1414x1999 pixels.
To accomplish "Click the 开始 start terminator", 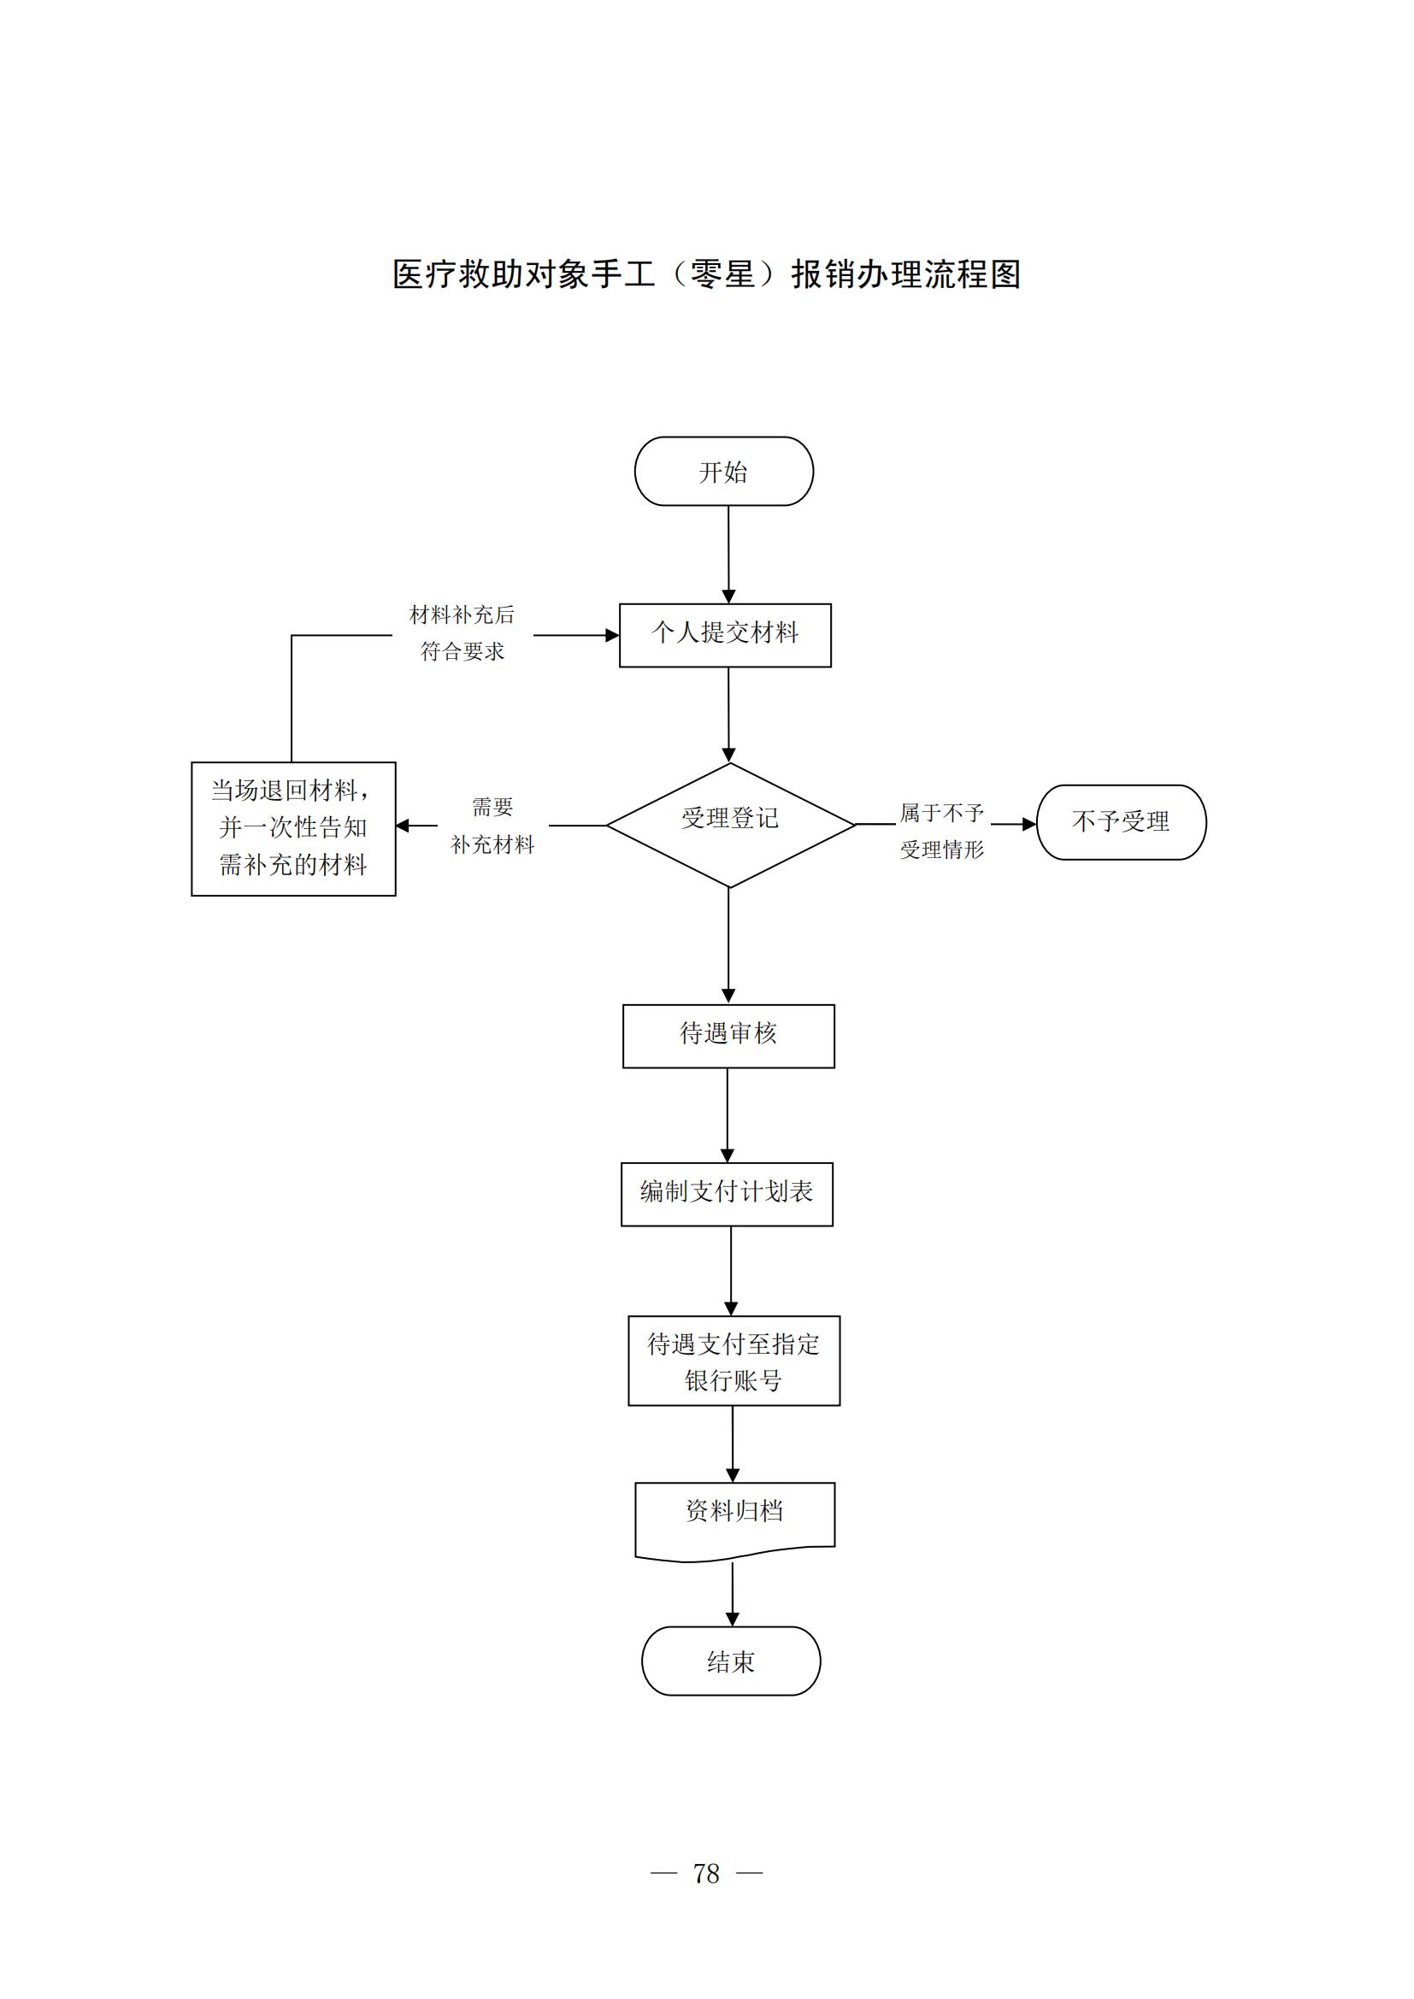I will point(723,471).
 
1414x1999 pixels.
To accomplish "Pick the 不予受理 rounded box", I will point(1121,822).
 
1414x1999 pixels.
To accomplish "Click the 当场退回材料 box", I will point(293,828).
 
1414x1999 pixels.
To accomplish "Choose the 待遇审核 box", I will point(728,1036).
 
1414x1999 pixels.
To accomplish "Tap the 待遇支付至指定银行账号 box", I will point(734,1360).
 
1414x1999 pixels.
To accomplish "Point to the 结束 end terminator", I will point(730,1661).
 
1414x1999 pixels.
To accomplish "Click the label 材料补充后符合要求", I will point(462,633).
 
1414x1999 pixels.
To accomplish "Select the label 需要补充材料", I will point(492,826).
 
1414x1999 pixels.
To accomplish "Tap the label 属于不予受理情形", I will point(941,831).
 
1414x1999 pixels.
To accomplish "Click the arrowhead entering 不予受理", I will point(1029,824).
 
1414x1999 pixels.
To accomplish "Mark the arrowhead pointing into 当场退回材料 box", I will point(404,826).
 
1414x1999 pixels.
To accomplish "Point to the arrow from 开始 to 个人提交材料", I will point(728,554).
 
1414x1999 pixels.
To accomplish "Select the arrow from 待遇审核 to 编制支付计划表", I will point(727,1114).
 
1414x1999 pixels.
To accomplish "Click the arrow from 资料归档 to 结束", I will point(733,1592).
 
